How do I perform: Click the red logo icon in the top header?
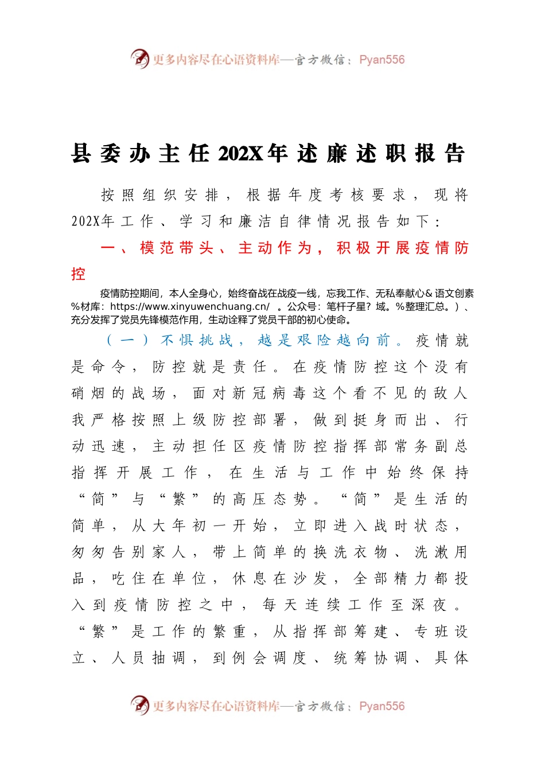[139, 59]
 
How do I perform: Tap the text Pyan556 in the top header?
[381, 60]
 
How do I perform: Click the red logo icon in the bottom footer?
[139, 705]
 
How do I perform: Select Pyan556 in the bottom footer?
[381, 706]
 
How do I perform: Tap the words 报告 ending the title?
[440, 154]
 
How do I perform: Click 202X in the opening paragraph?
[85, 221]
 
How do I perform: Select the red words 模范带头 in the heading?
[176, 248]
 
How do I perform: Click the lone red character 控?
[78, 274]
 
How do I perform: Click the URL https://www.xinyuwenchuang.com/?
[190, 306]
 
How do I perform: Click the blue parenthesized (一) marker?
[127, 340]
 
